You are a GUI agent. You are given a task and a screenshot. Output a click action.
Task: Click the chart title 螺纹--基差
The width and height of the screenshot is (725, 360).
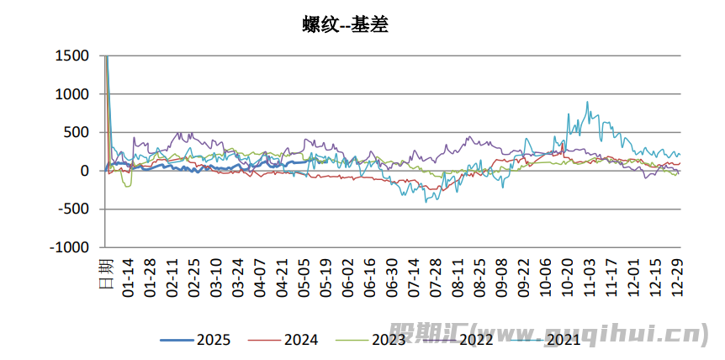[345, 25]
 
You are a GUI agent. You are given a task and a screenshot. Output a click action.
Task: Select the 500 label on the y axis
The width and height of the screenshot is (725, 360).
[76, 133]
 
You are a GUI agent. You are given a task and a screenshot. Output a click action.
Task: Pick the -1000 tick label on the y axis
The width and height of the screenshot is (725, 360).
[69, 248]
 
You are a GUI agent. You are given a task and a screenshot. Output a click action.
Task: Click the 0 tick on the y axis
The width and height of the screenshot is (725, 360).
[84, 171]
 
